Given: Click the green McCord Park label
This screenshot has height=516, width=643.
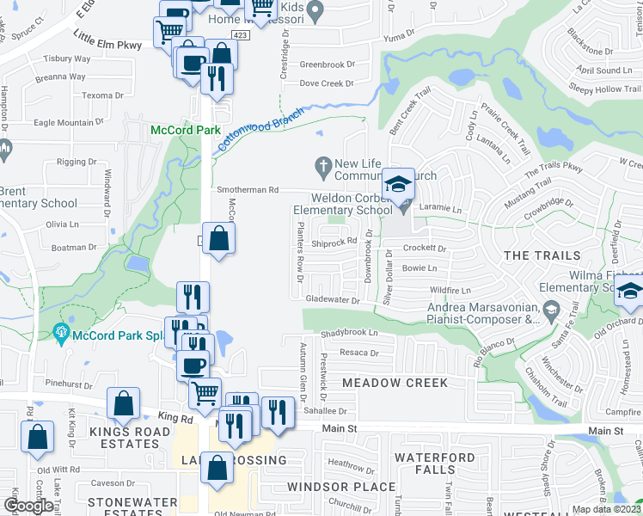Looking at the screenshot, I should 181,130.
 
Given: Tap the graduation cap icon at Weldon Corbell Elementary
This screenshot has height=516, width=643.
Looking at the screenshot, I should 399,185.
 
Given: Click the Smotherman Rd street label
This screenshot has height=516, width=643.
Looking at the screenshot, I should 249,189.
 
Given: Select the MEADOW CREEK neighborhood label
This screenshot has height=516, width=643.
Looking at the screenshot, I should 395,383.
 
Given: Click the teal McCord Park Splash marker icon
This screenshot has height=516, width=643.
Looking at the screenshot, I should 61,331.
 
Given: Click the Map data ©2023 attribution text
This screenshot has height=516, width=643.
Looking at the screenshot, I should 607,509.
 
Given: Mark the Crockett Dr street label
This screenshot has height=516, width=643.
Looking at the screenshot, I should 426,249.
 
